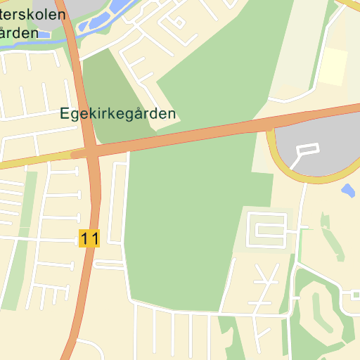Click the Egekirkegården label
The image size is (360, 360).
117,113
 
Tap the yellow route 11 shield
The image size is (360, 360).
89,238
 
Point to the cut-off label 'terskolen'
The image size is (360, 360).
33,14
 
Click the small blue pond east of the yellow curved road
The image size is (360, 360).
347,189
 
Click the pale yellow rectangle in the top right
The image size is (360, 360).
335,67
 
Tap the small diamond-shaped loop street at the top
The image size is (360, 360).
179,22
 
